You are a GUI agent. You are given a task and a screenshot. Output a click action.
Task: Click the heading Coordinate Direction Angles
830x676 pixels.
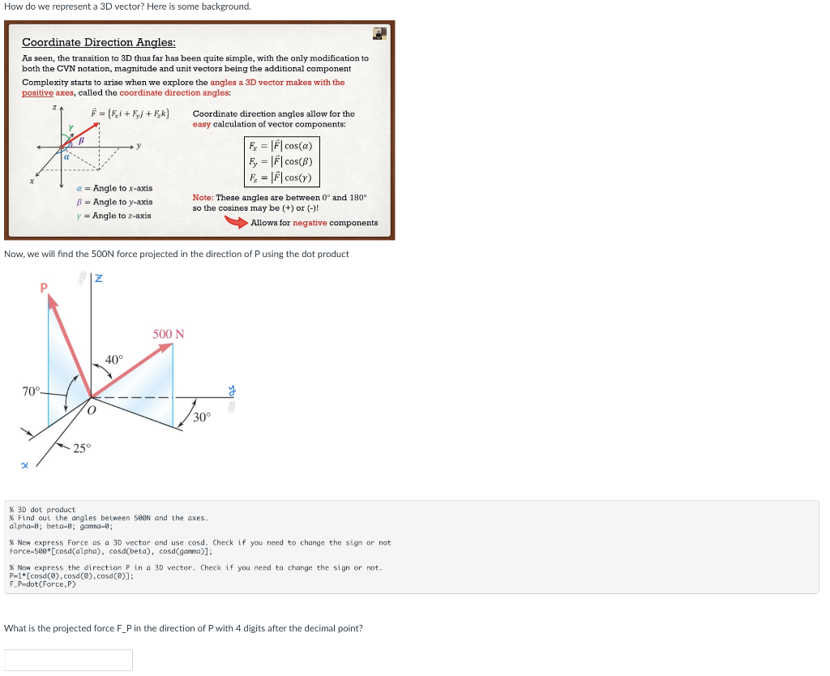[98, 42]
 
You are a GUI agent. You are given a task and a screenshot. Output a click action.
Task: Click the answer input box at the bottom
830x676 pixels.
[68, 660]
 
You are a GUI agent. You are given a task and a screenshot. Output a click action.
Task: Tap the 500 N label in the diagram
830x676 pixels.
[169, 334]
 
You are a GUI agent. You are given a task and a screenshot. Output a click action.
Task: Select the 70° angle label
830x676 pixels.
[31, 391]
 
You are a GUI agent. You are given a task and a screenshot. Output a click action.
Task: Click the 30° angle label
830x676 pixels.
[202, 417]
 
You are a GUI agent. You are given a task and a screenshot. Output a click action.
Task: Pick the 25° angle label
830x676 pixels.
[83, 448]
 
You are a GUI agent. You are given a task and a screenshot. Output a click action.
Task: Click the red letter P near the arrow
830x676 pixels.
[45, 287]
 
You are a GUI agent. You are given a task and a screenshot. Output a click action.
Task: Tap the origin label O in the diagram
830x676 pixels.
[92, 411]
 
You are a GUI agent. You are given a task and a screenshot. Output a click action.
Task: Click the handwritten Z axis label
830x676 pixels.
[98, 279]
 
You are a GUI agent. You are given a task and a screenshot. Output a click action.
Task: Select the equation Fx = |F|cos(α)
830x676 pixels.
[281, 146]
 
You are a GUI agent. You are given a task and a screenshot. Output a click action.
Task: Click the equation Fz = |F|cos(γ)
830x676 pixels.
[281, 178]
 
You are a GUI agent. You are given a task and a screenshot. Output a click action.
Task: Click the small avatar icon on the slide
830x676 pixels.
[379, 32]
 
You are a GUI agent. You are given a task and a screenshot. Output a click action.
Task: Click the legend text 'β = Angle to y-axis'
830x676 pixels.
[113, 202]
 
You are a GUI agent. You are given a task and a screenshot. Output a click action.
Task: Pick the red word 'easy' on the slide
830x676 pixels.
[202, 124]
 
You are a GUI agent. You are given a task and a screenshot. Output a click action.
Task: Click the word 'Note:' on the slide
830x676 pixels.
[203, 198]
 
